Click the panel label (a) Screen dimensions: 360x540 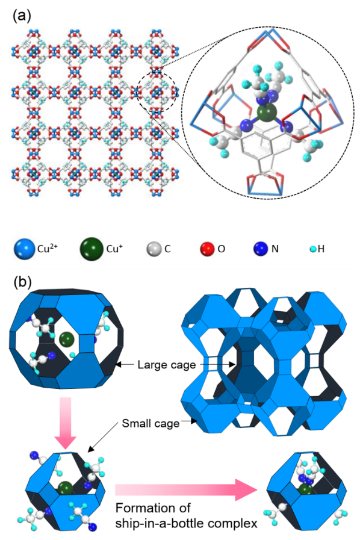pyautogui.click(x=22, y=16)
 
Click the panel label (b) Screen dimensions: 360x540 pyautogui.click(x=22, y=282)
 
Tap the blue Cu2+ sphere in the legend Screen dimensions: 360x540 pyautogui.click(x=25, y=249)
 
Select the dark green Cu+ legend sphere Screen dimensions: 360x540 pyautogui.click(x=92, y=249)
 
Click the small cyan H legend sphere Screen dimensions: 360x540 pyautogui.click(x=314, y=249)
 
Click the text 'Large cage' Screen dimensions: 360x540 pyautogui.click(x=167, y=365)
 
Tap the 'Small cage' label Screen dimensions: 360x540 pyautogui.click(x=151, y=423)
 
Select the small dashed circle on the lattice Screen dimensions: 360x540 pyautogui.click(x=157, y=92)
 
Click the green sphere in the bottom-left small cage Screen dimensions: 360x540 pyautogui.click(x=65, y=489)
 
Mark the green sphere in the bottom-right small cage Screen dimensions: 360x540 pyautogui.click(x=306, y=489)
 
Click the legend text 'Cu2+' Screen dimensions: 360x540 pyautogui.click(x=47, y=248)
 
